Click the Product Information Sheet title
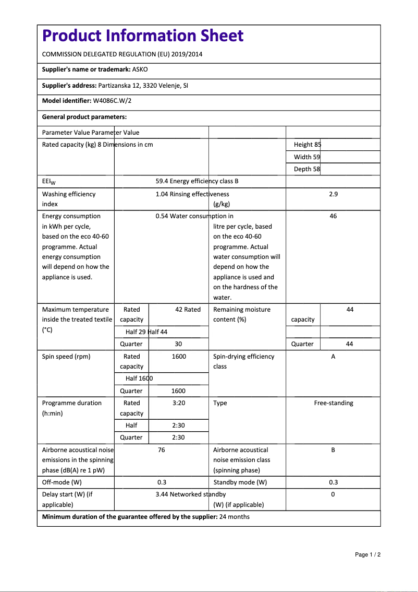(x=142, y=36)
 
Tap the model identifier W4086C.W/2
(x=112, y=101)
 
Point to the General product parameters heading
(x=84, y=117)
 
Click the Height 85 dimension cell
(x=308, y=145)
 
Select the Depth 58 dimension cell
(x=307, y=169)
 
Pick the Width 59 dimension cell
(x=307, y=157)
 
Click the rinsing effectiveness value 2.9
(x=333, y=194)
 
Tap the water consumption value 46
(x=333, y=216)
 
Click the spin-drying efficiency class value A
(x=333, y=357)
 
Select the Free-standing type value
(x=333, y=403)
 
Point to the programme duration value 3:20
(x=178, y=403)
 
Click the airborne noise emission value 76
(x=161, y=450)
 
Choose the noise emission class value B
(x=333, y=450)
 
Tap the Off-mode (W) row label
(x=62, y=482)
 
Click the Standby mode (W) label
(x=240, y=482)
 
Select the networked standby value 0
(x=333, y=494)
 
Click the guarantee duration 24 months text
(x=235, y=517)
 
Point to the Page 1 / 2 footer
(x=367, y=554)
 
